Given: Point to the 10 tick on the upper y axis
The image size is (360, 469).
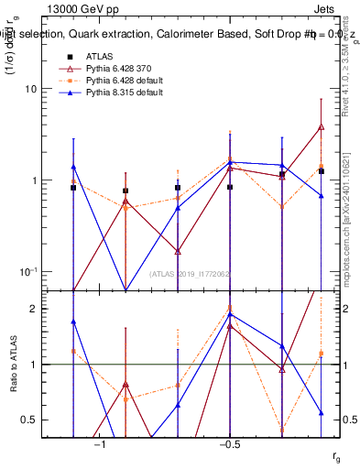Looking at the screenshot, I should (x=53, y=90).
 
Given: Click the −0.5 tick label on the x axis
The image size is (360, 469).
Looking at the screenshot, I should (x=229, y=444).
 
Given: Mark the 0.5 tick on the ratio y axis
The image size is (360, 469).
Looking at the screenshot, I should (x=53, y=420).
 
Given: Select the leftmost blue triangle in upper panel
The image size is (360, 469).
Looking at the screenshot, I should (x=73, y=167).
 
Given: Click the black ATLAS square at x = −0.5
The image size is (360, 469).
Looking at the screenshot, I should (x=230, y=187).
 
